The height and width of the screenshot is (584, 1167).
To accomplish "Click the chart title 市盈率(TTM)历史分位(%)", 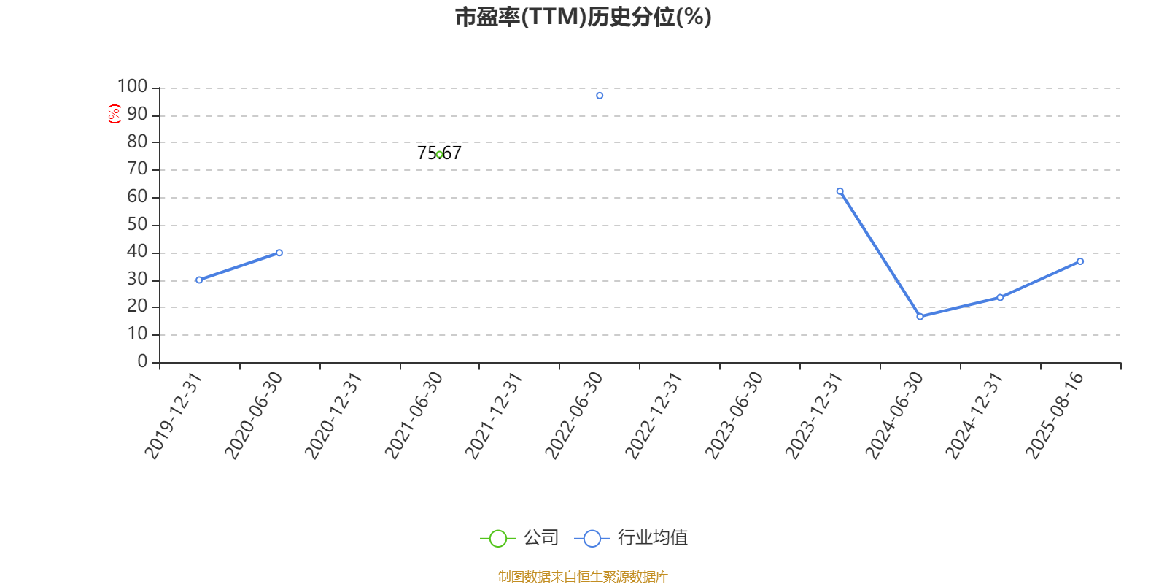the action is [x=583, y=17].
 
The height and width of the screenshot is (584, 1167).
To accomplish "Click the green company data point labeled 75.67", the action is [x=440, y=154].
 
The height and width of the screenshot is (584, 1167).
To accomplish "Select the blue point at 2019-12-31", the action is [x=199, y=280].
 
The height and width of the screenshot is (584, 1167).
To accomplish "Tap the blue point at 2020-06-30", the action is [x=279, y=253].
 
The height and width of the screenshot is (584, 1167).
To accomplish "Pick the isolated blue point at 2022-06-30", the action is [x=600, y=96].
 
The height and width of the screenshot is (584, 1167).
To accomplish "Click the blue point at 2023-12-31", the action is [x=840, y=191].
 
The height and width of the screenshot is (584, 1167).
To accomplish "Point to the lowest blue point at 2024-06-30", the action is [x=920, y=317].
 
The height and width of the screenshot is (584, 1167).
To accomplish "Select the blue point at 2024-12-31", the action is [x=1000, y=298].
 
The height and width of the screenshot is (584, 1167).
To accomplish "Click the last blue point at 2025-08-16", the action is [x=1080, y=261].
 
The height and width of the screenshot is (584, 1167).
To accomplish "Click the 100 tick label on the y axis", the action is [x=132, y=86].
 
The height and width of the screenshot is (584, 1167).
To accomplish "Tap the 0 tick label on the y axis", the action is [x=142, y=361].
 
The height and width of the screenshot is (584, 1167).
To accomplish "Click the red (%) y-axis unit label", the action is [x=114, y=114].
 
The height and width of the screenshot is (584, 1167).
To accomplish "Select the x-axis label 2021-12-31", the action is [x=493, y=415].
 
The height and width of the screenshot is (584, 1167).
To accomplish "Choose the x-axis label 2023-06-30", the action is [x=734, y=415].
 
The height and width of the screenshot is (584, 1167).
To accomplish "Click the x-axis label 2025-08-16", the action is [x=1054, y=415].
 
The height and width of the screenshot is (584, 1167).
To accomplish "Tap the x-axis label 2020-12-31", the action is [x=333, y=415].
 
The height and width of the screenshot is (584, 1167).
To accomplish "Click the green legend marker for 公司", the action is [x=498, y=539].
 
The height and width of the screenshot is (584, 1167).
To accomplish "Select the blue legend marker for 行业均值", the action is [x=592, y=539].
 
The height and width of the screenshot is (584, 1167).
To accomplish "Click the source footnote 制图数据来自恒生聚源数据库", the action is [x=583, y=576].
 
